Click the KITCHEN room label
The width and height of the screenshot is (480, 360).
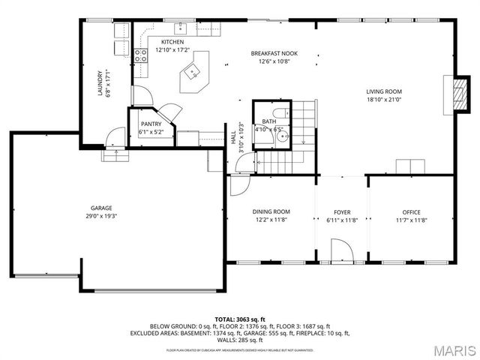click(172, 42)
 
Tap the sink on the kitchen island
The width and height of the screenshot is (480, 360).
click(192, 73)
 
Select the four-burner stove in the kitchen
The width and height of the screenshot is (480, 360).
click(140, 54)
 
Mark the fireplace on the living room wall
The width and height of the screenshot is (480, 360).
click(449, 94)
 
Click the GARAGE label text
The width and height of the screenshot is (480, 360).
click(101, 208)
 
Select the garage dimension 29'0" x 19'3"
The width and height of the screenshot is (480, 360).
click(101, 216)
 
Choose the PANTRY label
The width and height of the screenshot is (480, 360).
click(151, 124)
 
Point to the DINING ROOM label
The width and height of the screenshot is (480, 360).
click(270, 211)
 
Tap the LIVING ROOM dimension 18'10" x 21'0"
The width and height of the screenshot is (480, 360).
click(384, 99)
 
